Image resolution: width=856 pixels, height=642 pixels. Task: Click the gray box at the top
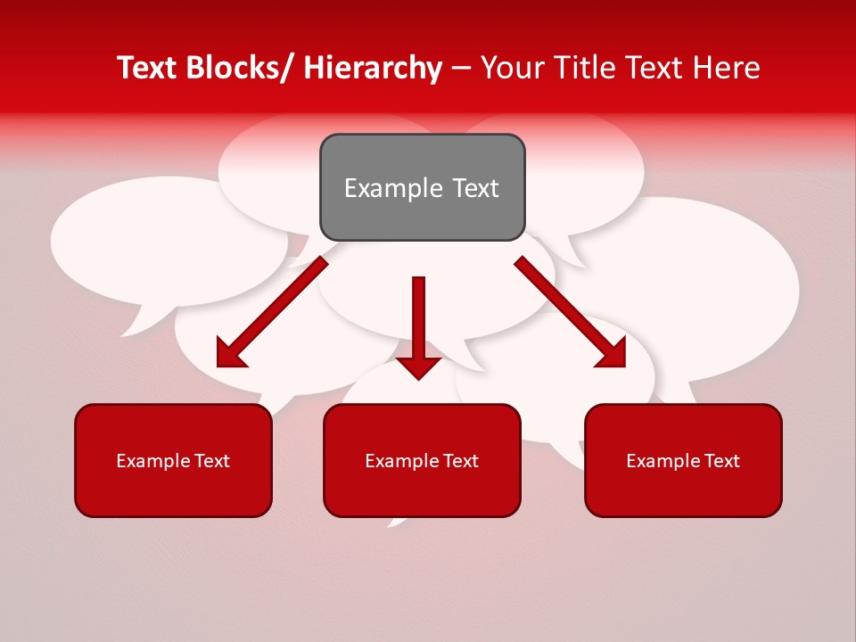[x=422, y=187]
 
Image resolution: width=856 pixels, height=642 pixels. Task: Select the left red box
[x=173, y=460]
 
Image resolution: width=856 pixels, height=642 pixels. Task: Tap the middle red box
[x=422, y=460]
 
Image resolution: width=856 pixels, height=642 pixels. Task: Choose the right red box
[x=683, y=460]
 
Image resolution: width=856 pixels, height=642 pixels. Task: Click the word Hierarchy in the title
[x=373, y=68]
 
